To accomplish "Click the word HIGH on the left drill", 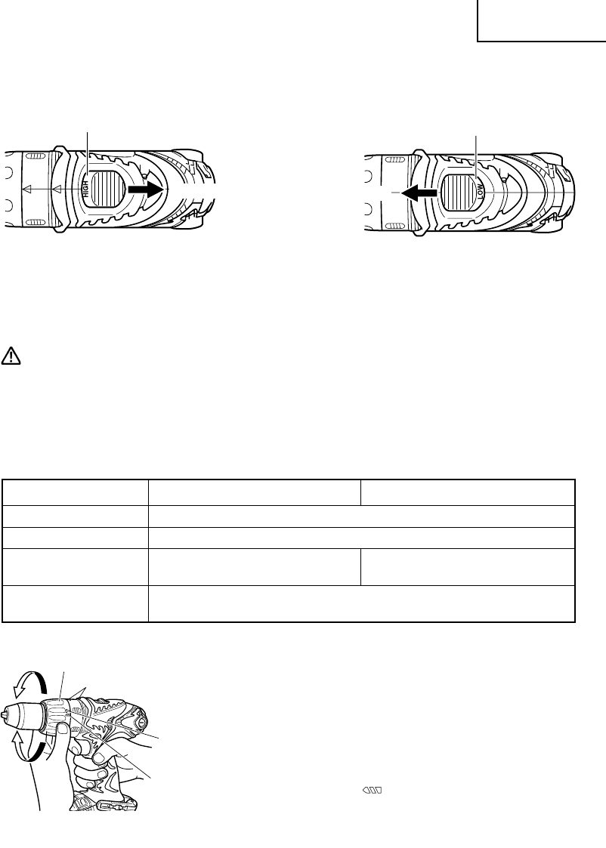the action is (85, 189).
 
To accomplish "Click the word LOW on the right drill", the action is (481, 192).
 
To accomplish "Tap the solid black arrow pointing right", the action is (145, 190).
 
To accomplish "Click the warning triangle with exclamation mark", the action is (11, 356).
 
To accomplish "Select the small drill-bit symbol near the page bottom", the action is (373, 791).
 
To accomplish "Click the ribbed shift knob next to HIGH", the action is (107, 189).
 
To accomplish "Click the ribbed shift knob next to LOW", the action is (459, 193).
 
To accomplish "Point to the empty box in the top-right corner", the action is (542, 20).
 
